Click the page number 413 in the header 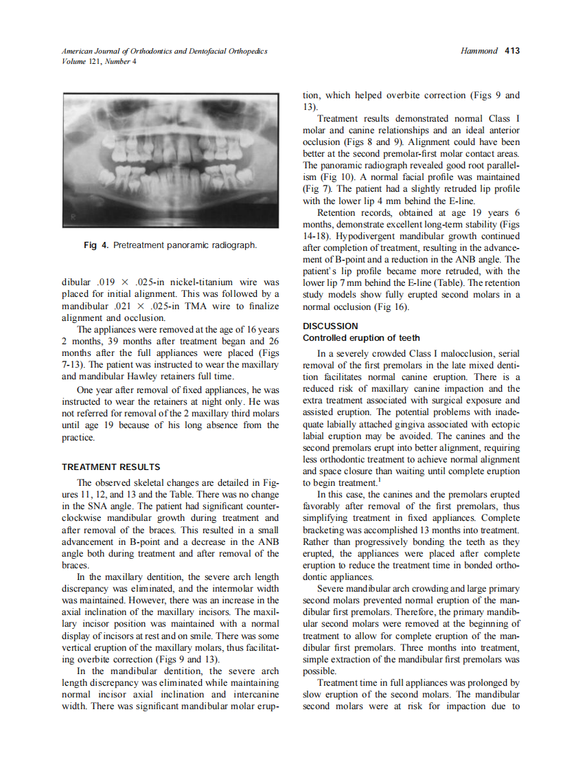(512, 51)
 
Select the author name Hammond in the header (478, 51)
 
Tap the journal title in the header (164, 51)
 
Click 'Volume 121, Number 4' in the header (99, 61)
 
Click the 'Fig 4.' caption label (97, 245)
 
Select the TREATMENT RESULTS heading (111, 467)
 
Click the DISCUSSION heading (330, 326)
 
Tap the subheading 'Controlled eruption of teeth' (361, 337)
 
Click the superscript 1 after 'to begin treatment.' (371, 479)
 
